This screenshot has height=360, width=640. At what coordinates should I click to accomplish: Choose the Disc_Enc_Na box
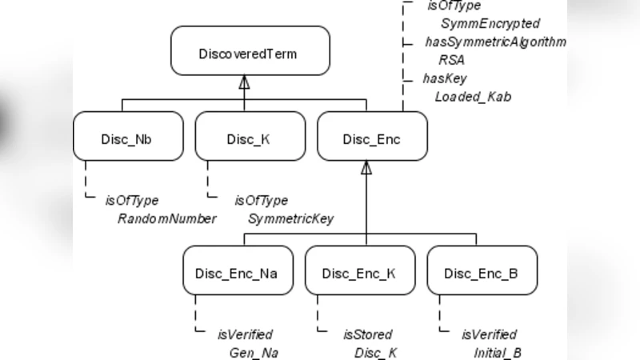tap(237, 273)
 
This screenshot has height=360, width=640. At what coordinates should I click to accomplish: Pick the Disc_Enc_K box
tap(359, 273)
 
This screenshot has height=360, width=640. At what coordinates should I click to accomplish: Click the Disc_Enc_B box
tap(481, 273)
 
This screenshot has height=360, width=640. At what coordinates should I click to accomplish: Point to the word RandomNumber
tap(166, 218)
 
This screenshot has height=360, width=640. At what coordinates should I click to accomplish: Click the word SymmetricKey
tap(290, 218)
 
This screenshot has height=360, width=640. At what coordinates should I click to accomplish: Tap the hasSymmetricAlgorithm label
tap(495, 42)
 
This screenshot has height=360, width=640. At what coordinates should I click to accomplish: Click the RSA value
tap(451, 60)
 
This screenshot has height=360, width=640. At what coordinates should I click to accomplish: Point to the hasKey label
tap(445, 78)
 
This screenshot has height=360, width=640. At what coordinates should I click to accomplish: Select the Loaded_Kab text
tap(473, 97)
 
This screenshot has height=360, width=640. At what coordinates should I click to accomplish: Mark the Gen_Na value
tap(252, 352)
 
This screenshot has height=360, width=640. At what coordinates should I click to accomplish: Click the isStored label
tap(367, 334)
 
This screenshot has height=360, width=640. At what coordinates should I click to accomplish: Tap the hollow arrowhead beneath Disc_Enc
tap(366, 168)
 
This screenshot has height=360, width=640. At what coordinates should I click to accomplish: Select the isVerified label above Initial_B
tap(489, 334)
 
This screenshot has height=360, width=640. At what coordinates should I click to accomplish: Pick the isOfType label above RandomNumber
tap(131, 201)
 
